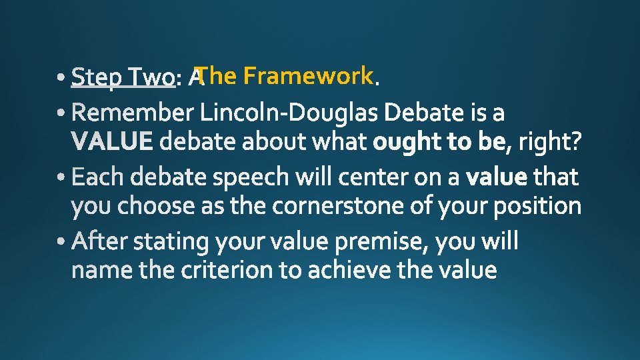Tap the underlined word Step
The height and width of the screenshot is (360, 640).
point(98,78)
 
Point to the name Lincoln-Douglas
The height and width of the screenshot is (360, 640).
point(290,115)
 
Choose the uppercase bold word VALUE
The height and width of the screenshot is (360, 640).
point(112,141)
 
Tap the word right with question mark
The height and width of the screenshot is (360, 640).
point(549,142)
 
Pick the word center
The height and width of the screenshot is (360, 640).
point(373,178)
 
